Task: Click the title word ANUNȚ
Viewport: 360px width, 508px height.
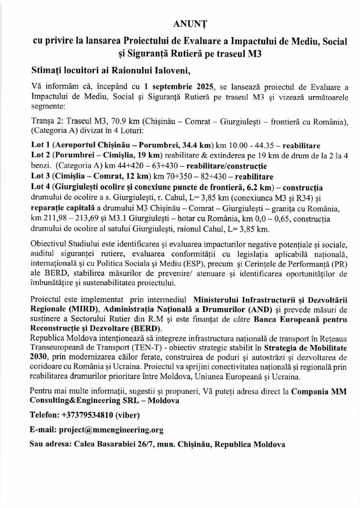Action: [x=185, y=23]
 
